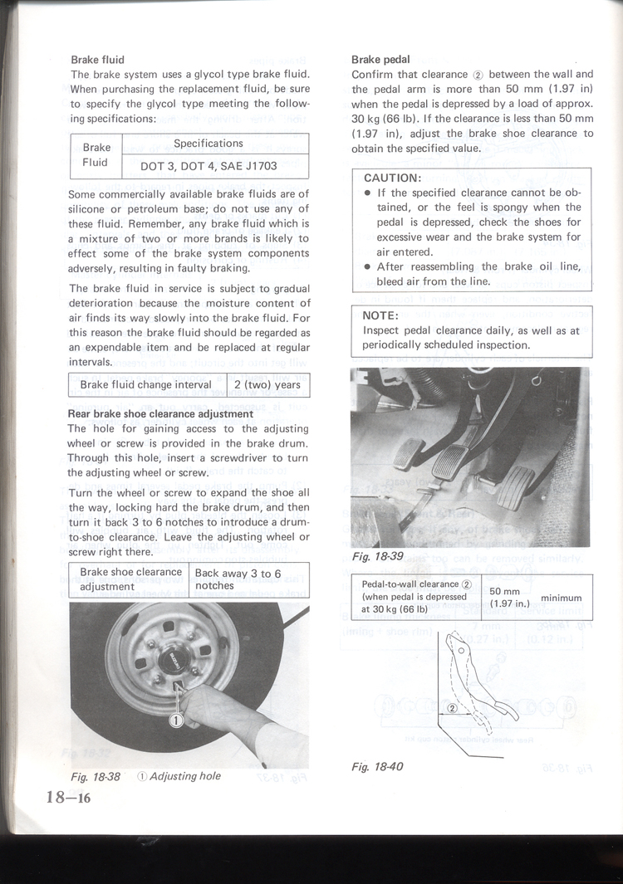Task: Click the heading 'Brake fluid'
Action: click(x=97, y=60)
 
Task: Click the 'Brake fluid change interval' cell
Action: click(x=146, y=385)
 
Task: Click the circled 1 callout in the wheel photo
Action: click(x=177, y=720)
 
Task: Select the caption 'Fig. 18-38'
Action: click(x=96, y=776)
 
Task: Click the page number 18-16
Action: click(x=68, y=798)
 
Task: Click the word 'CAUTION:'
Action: click(x=394, y=178)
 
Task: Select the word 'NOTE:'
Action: click(x=382, y=315)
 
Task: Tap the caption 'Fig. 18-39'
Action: click(x=377, y=557)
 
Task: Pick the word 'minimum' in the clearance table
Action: click(x=561, y=598)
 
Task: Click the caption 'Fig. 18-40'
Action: click(x=377, y=766)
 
